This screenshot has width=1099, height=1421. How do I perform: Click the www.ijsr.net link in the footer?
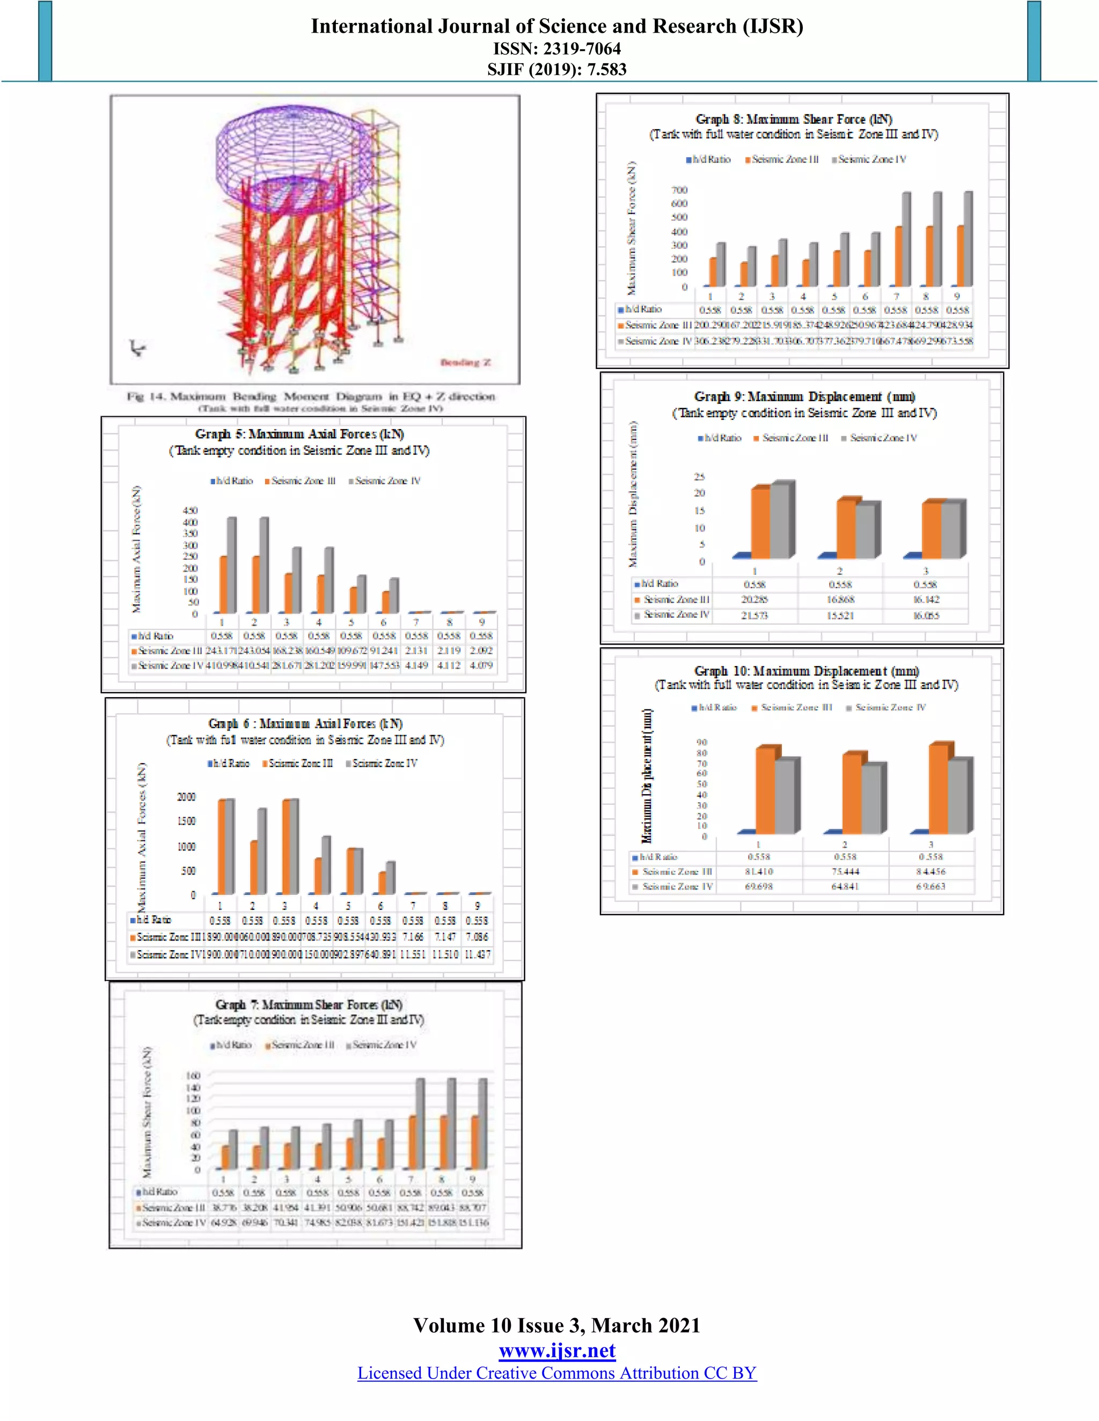556,1351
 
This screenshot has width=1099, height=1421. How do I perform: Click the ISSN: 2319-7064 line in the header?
556,48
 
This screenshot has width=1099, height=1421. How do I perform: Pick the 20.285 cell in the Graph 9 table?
754,600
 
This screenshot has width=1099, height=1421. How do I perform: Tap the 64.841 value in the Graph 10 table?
845,886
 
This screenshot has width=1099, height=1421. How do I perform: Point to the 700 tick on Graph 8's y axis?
679,190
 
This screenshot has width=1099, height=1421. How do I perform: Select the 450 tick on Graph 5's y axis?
190,510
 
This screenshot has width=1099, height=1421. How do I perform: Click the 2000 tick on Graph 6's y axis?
186,797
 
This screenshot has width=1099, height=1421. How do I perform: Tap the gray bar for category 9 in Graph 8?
968,238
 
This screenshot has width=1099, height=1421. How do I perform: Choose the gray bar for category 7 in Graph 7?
420,1123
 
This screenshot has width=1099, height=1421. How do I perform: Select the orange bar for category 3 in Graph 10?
938,789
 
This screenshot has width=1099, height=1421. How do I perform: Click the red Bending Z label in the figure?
465,362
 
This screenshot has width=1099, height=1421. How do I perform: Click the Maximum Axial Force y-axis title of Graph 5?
136,549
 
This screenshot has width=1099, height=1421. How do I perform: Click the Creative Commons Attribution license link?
556,1373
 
